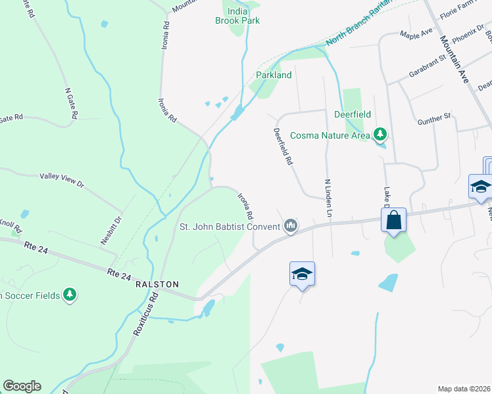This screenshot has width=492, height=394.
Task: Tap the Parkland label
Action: point(274,75)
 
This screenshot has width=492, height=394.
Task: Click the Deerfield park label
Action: point(353,114)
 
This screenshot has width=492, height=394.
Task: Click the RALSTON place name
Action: point(157,284)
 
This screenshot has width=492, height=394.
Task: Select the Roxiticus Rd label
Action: point(146,314)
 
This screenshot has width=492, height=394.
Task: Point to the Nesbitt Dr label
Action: point(111,230)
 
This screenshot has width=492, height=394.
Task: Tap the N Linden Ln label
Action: point(328,198)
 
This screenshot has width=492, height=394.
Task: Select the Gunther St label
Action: point(434,120)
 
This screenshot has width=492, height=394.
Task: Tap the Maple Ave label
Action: point(416,33)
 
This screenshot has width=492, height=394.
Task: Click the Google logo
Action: point(22,386)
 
